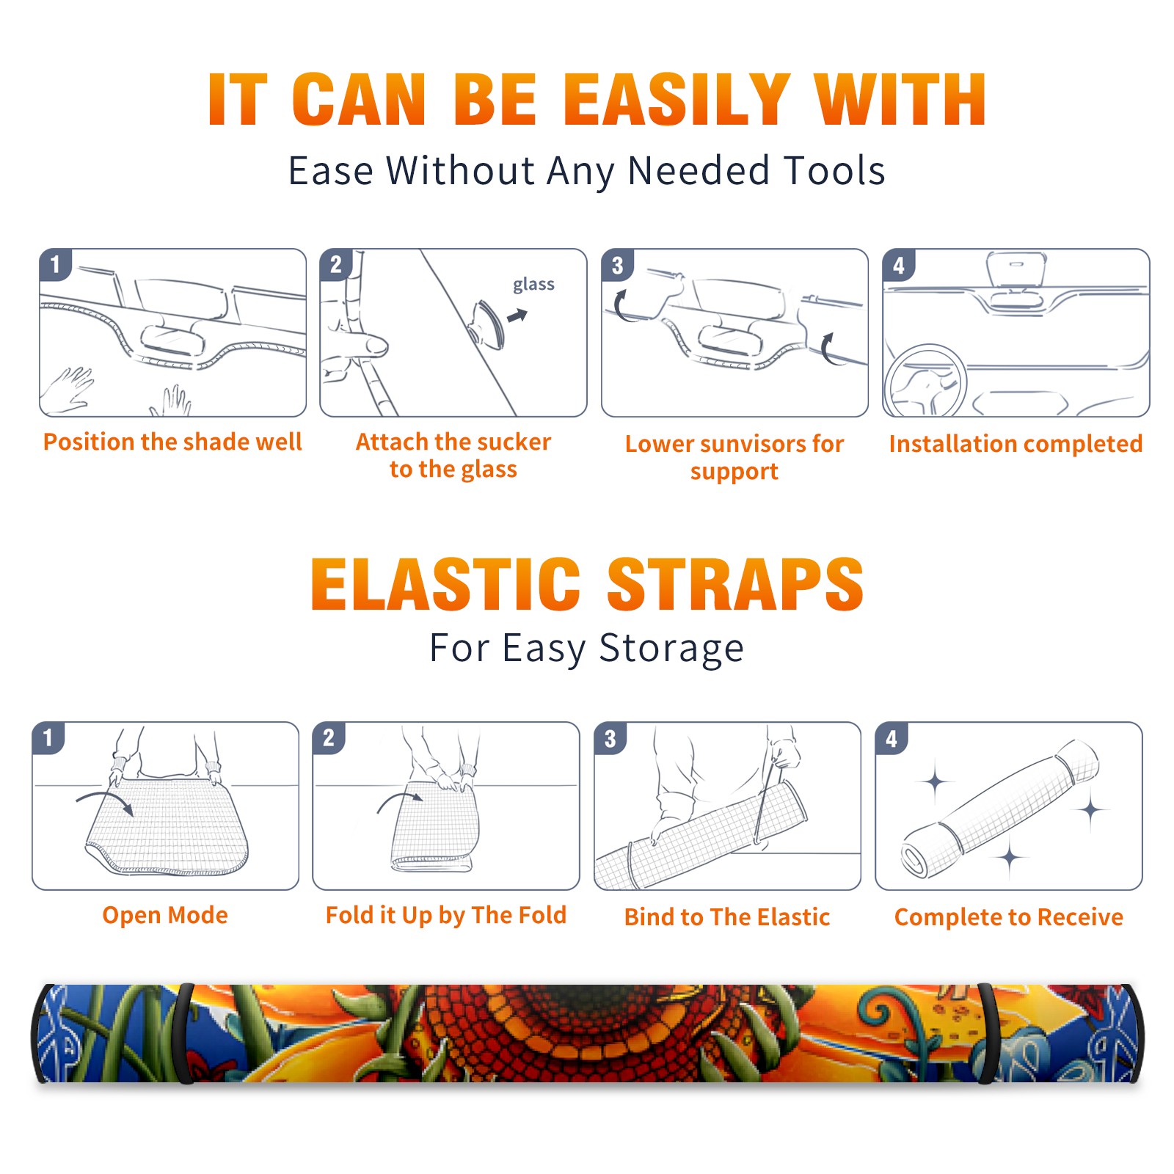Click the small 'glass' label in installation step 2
click(533, 285)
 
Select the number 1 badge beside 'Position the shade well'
click(55, 264)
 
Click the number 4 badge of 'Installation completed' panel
click(898, 265)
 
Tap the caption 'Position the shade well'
click(172, 442)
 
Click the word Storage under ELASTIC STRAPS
click(671, 649)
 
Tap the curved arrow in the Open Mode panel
click(106, 801)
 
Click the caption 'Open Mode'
click(165, 915)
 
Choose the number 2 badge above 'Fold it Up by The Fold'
click(329, 737)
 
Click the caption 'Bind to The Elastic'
click(727, 917)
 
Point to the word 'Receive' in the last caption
click(1080, 917)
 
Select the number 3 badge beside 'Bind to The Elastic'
click(610, 738)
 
